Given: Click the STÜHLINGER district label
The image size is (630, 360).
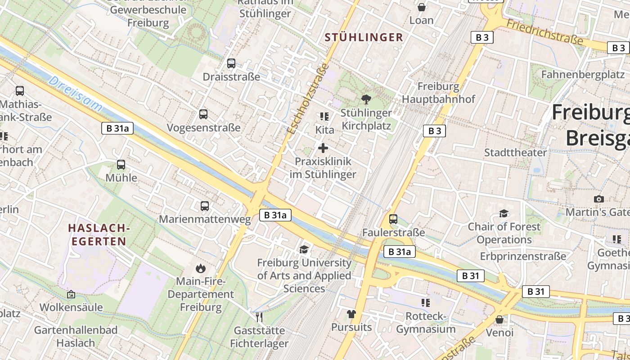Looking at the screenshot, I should (x=364, y=37).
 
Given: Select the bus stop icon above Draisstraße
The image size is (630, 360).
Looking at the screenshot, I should (x=231, y=63).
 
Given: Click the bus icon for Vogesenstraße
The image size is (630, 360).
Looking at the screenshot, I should (x=203, y=114).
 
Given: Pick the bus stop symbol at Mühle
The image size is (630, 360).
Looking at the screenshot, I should (x=121, y=165).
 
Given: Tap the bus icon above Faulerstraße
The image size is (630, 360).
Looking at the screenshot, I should (x=393, y=219).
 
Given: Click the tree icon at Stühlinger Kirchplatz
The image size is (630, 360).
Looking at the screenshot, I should (x=366, y=99).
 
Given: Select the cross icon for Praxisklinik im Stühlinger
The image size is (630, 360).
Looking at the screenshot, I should (x=323, y=148).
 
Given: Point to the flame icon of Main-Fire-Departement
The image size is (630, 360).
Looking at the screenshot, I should (x=201, y=269).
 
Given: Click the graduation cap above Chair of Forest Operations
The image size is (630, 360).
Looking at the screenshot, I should (x=504, y=213).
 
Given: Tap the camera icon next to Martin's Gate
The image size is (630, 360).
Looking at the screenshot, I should (x=598, y=199).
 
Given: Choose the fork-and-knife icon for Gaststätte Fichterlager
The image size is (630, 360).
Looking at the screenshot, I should (x=259, y=317).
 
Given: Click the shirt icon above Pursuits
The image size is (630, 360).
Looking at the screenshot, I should (x=351, y=314).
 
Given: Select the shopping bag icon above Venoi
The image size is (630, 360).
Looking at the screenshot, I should (x=499, y=319).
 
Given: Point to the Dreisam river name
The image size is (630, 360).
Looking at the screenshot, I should (x=75, y=94).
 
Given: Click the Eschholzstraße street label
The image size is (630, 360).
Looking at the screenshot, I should (x=308, y=99).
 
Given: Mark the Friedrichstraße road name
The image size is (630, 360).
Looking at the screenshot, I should (x=544, y=31).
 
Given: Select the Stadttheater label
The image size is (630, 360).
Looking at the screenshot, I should (x=515, y=152).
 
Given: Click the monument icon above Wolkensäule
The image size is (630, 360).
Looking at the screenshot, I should (x=71, y=294).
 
